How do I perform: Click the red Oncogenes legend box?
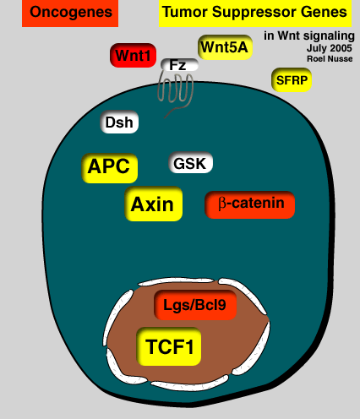click(70, 13)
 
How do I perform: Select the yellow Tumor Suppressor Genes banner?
click(255, 13)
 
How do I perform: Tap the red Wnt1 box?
click(133, 56)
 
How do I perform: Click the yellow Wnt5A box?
click(225, 47)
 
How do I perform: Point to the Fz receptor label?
click(179, 65)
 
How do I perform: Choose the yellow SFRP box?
click(292, 80)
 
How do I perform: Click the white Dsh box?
click(119, 122)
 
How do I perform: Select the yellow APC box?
click(110, 168)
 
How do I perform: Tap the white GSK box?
click(190, 163)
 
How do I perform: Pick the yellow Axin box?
click(154, 204)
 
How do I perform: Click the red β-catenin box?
click(250, 204)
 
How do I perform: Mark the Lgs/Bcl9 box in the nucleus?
click(195, 305)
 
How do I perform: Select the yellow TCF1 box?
click(169, 346)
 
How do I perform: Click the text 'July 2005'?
click(330, 48)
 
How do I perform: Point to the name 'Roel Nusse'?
click(330, 59)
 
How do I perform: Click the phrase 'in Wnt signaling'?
click(309, 36)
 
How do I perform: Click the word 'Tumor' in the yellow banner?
click(185, 12)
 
